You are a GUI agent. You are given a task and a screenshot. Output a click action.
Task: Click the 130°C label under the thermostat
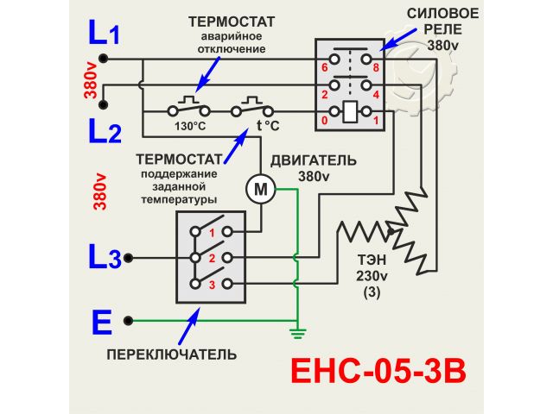[189, 126]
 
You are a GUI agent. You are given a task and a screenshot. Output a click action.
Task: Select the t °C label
[267, 126]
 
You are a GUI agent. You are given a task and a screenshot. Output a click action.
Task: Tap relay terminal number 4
[376, 94]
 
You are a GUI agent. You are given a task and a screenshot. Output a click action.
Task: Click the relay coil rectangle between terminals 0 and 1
[351, 111]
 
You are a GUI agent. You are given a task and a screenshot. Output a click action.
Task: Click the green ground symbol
[296, 331]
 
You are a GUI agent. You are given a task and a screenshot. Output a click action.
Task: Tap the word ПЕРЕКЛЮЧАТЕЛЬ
[172, 354]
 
